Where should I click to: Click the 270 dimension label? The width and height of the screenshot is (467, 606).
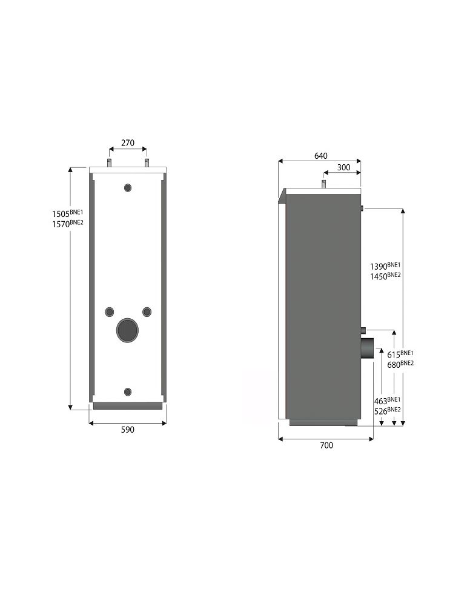128,143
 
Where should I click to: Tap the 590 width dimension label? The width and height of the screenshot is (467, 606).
128,430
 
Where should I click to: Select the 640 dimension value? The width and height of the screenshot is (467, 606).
321,156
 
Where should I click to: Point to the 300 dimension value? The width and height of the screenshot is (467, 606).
344,167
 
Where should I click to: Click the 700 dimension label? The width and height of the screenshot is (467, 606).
326,445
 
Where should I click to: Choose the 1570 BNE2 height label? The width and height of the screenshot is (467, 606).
68,223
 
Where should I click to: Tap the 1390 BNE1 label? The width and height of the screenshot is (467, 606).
385,266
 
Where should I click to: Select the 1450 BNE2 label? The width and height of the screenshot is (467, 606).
385,276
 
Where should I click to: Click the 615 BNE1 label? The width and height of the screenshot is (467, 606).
400,354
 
